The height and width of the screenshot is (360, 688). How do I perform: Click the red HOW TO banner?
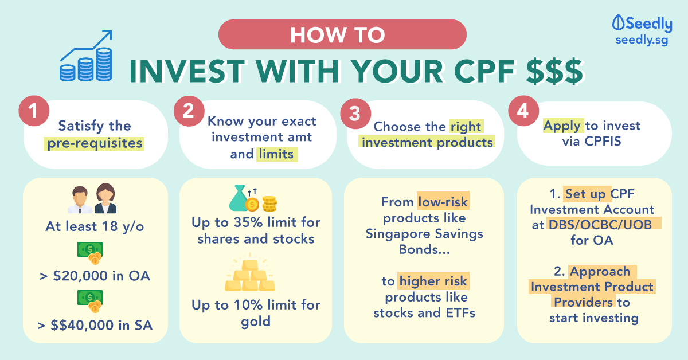tap(342, 34)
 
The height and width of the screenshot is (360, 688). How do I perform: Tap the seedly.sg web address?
tap(642, 41)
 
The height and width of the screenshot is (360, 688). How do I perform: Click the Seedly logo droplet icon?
tap(618, 22)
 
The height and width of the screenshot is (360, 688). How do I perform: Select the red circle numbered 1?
tap(34, 111)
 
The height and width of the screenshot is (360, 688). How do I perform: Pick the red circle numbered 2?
tap(189, 111)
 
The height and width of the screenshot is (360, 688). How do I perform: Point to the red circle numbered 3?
tap(355, 114)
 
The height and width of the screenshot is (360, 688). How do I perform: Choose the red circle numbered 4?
tap(523, 111)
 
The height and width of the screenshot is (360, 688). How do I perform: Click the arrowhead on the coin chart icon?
tap(108, 35)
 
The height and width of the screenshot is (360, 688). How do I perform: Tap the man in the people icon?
tap(80, 200)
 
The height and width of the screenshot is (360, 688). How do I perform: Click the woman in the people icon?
tap(105, 198)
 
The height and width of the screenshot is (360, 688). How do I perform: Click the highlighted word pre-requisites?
tap(95, 143)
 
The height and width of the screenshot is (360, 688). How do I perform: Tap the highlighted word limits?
tap(276, 154)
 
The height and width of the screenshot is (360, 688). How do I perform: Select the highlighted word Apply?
tap(562, 126)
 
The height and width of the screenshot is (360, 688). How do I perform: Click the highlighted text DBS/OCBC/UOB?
tap(600, 225)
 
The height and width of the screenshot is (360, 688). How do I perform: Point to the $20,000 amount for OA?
tap(81, 276)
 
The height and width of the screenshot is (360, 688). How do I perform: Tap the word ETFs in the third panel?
tap(460, 313)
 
